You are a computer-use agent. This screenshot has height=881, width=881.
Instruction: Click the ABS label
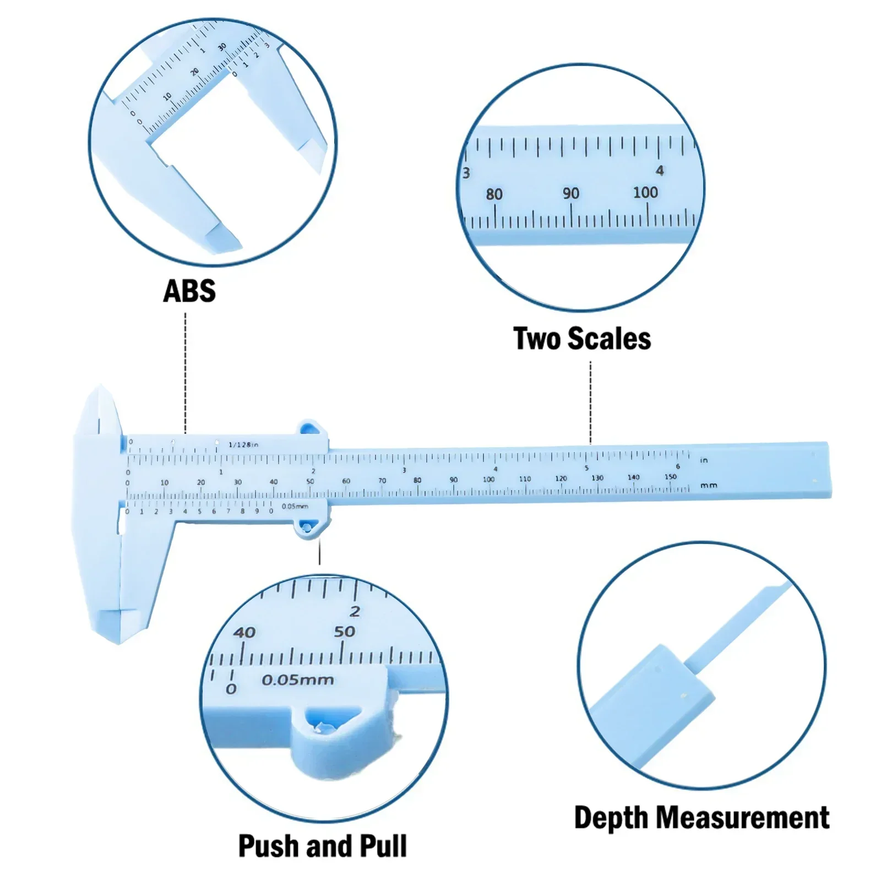tap(189, 291)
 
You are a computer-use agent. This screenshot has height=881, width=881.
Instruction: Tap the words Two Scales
tap(582, 338)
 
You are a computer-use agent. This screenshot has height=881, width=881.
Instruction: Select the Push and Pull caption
tap(322, 846)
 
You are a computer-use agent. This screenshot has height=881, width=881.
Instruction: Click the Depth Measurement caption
tap(701, 818)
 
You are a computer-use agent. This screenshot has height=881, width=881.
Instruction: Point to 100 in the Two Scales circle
tap(645, 192)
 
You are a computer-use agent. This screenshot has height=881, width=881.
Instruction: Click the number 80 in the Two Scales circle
tap(494, 194)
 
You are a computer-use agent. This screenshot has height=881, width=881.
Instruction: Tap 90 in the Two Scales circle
tap(570, 193)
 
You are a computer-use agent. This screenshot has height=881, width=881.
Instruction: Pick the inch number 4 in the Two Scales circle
tap(660, 171)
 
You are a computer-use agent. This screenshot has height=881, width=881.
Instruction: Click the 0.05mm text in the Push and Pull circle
tap(298, 680)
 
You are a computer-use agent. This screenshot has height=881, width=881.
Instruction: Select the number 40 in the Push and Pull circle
tap(244, 632)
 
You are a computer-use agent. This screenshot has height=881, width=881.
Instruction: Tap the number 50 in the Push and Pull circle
tap(345, 632)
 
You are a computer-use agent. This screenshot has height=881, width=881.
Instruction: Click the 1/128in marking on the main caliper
tap(243, 444)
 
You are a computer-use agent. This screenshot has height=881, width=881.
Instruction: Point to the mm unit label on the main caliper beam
tap(709, 486)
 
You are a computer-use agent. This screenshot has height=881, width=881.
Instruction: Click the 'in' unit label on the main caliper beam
tap(704, 460)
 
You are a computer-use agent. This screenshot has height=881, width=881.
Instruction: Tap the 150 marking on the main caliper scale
tap(670, 477)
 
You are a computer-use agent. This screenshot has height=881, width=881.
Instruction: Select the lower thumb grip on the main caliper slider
tap(308, 529)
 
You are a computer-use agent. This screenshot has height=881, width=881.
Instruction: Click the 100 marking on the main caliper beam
tap(488, 479)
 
